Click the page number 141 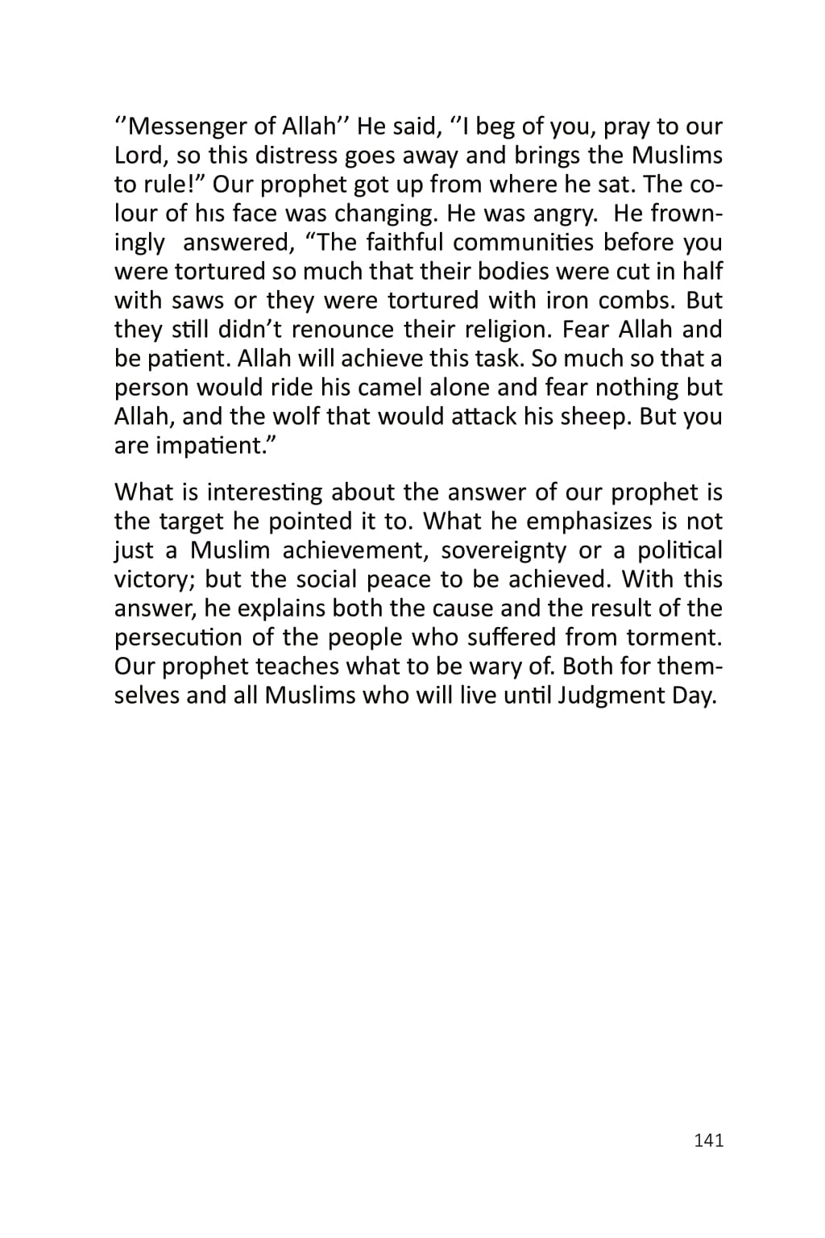(708, 1140)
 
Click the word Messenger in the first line (190, 127)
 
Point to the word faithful (404, 243)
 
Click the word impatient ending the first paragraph (211, 446)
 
